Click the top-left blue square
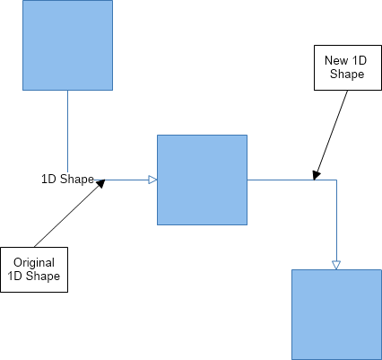click(x=67, y=45)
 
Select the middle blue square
click(x=202, y=180)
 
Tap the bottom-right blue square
click(x=336, y=314)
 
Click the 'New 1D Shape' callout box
click(x=348, y=67)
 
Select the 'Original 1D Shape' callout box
click(x=34, y=269)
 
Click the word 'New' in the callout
click(x=336, y=60)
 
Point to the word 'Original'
click(x=34, y=263)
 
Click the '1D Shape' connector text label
click(x=67, y=180)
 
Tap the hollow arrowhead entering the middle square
click(x=152, y=180)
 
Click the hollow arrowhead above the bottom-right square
click(x=336, y=265)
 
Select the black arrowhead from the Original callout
click(x=100, y=183)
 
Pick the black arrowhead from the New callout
click(x=316, y=176)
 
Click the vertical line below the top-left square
click(x=67, y=131)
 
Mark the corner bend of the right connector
click(x=336, y=180)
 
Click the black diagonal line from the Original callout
click(x=70, y=214)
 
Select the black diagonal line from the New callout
click(x=331, y=136)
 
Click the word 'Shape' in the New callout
click(x=347, y=75)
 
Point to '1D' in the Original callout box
click(x=14, y=276)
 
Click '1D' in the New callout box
click(x=360, y=60)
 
